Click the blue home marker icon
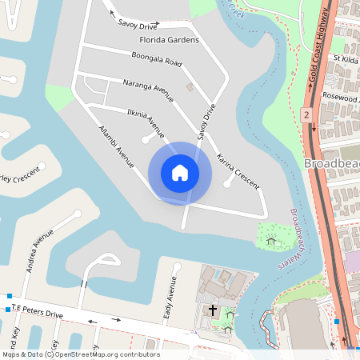click(x=179, y=173)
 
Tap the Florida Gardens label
click(x=169, y=39)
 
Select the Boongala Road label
click(x=157, y=57)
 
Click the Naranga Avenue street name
click(x=148, y=90)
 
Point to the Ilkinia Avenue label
click(x=145, y=118)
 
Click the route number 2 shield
click(x=306, y=115)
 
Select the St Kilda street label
click(x=346, y=58)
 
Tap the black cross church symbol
click(x=213, y=309)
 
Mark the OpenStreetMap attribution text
click(x=81, y=354)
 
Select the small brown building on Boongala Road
click(x=190, y=86)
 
